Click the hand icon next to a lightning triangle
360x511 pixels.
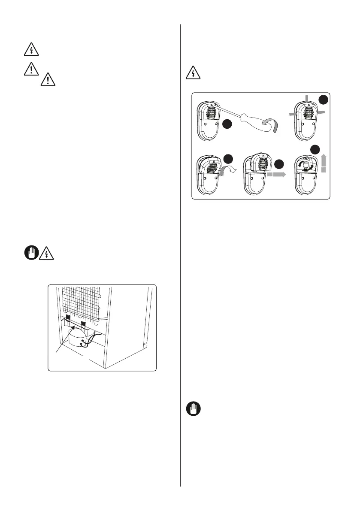coord(30,254)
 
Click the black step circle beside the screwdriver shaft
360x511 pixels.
coord(228,125)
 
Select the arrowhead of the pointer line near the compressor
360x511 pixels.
coord(71,330)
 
